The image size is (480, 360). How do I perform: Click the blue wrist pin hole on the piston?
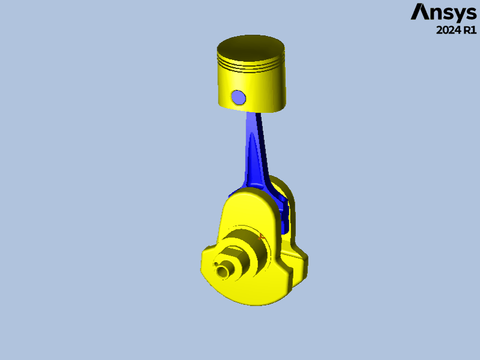(238, 97)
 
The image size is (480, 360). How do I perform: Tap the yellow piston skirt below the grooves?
(264, 90)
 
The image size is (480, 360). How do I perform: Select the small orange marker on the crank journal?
(262, 237)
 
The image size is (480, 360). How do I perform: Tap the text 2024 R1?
(456, 30)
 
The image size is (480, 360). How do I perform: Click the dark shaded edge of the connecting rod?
(263, 150)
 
